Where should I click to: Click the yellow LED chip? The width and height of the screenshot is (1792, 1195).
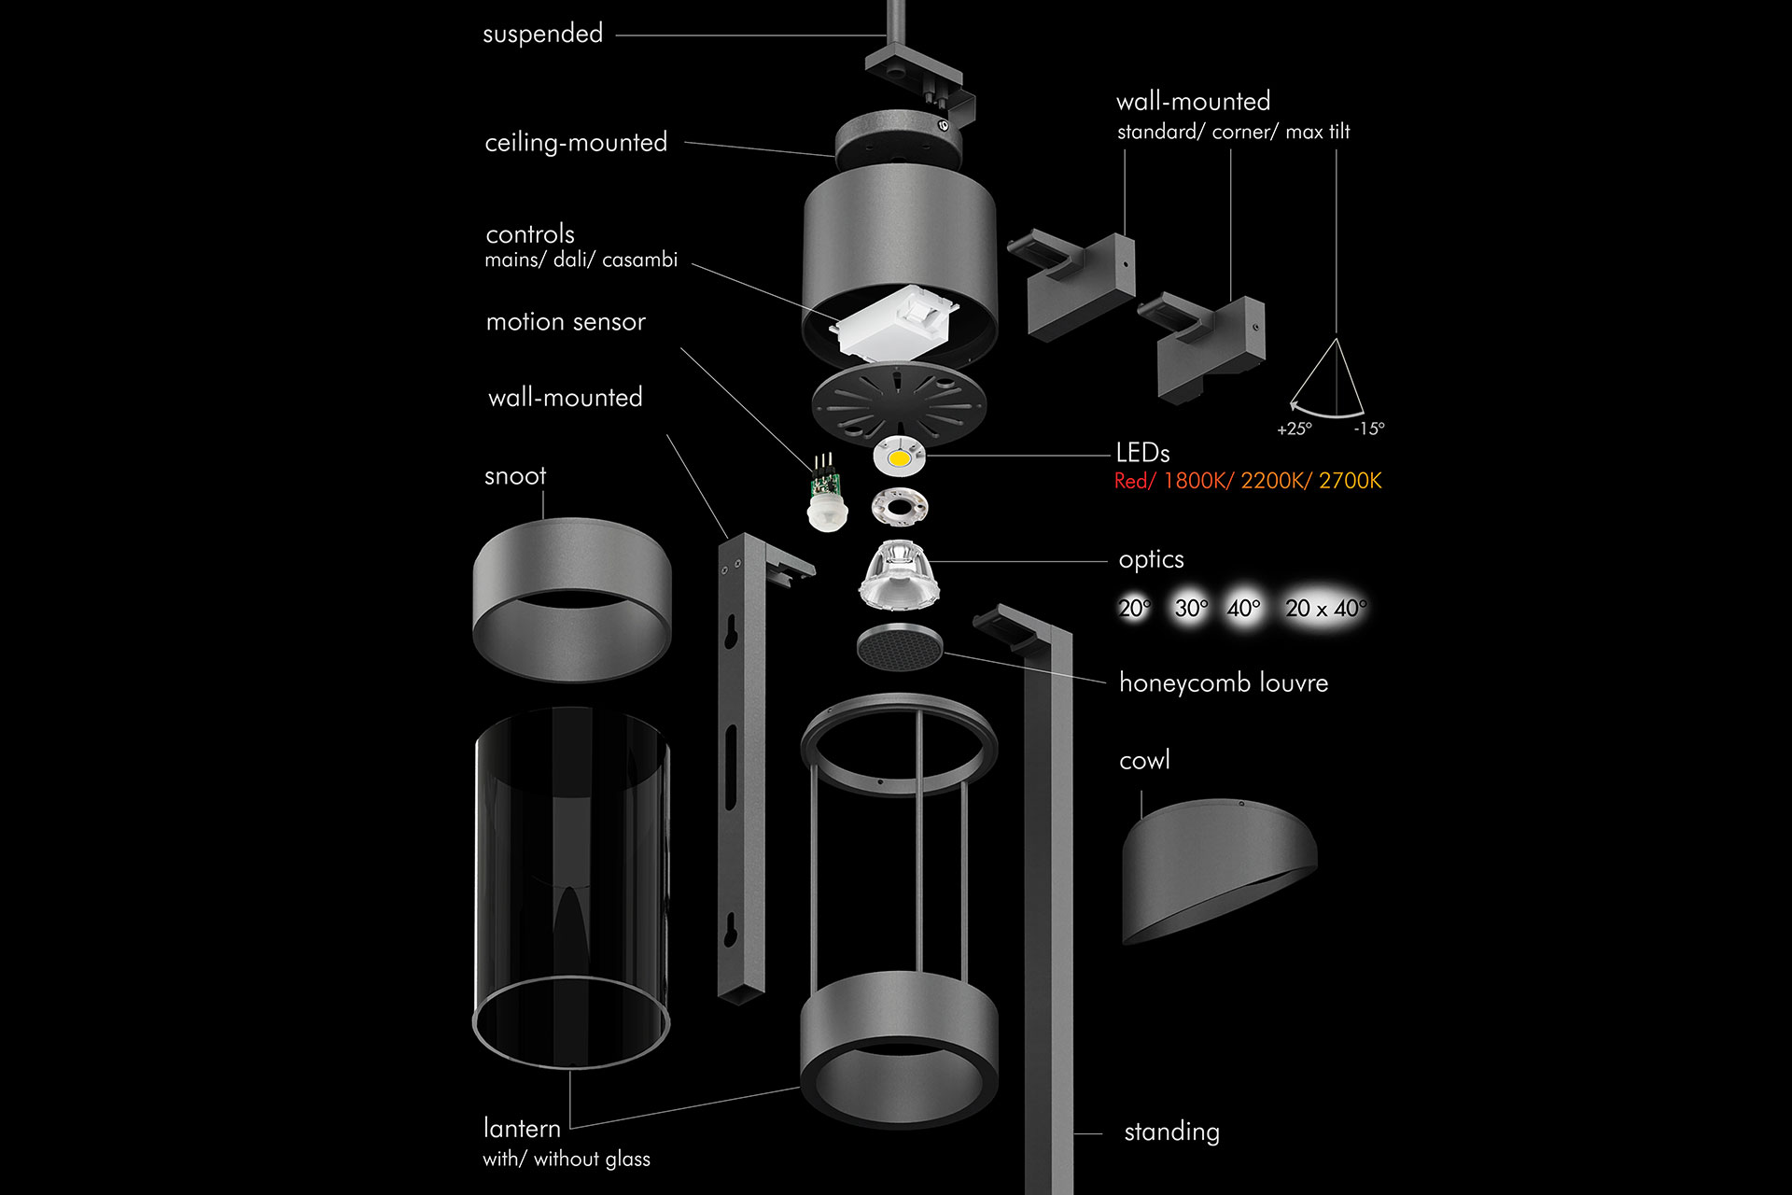tap(898, 458)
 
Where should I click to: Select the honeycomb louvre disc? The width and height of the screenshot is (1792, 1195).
tap(899, 646)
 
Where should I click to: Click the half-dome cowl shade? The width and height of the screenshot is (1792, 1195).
tap(1218, 868)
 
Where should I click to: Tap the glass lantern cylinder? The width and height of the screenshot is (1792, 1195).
tap(571, 887)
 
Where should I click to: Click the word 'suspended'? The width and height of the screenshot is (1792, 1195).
tap(542, 35)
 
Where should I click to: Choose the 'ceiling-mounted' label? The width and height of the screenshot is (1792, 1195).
tap(576, 143)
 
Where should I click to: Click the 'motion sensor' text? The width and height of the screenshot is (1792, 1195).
tap(566, 322)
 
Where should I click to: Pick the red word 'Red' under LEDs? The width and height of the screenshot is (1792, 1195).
tap(1131, 482)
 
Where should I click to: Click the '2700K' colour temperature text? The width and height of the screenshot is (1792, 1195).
tap(1350, 482)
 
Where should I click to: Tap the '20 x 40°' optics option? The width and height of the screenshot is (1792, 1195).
tap(1325, 609)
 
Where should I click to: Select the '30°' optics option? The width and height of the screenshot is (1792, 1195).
tap(1191, 609)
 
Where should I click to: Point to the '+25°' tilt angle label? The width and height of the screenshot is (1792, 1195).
tap(1295, 429)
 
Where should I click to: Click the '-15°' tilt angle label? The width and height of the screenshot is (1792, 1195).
tap(1369, 429)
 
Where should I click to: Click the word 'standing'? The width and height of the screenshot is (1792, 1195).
tap(1171, 1132)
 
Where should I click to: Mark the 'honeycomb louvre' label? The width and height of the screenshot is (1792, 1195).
tap(1223, 683)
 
